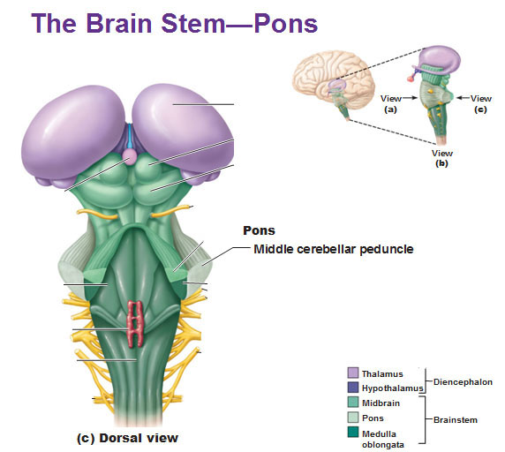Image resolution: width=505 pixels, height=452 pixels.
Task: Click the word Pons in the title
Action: click(x=286, y=23)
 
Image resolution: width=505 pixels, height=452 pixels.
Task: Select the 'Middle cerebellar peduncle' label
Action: click(x=334, y=249)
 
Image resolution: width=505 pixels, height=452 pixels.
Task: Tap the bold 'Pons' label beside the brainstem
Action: click(x=259, y=230)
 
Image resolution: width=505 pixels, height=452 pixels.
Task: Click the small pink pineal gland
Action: click(x=130, y=156)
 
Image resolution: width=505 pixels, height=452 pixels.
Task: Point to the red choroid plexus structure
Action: click(x=136, y=324)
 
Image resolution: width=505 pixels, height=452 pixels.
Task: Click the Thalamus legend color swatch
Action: click(x=353, y=373)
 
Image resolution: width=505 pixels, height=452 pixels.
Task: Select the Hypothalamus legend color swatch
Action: click(x=353, y=388)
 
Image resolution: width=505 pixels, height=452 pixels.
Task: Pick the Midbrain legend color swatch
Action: click(x=353, y=402)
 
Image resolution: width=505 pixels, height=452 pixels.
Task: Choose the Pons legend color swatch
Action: click(x=353, y=418)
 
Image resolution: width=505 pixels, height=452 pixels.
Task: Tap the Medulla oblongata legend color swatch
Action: click(x=353, y=432)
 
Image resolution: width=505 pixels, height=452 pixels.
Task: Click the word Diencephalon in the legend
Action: click(x=463, y=382)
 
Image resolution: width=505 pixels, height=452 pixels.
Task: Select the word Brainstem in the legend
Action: click(x=455, y=420)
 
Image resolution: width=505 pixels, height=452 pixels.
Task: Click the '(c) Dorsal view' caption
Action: click(x=127, y=438)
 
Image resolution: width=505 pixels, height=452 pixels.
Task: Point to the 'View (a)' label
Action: click(x=390, y=103)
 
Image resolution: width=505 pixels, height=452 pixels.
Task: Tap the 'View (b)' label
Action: click(x=441, y=158)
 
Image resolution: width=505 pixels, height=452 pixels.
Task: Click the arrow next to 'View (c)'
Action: click(x=464, y=97)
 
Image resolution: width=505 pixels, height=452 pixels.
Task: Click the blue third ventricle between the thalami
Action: click(x=130, y=136)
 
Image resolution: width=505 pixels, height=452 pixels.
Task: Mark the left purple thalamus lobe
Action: click(x=73, y=133)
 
